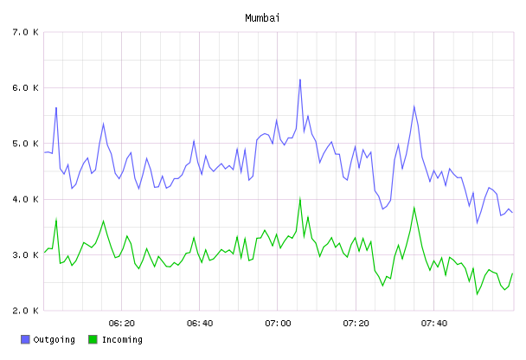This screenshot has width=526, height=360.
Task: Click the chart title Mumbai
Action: point(262,18)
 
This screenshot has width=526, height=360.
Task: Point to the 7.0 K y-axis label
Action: point(25,32)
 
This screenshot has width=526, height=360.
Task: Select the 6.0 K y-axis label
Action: point(25,88)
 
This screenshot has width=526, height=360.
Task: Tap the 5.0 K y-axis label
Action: point(25,144)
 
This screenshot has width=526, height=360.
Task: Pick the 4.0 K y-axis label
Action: point(25,199)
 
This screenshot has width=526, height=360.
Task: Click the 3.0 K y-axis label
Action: point(25,255)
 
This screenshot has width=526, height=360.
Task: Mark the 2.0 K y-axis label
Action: point(25,311)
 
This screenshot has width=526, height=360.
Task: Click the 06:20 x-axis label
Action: point(122,324)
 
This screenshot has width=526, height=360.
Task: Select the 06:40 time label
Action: point(200,324)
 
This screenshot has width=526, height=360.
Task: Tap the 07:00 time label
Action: point(278,324)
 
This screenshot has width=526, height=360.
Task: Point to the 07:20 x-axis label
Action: point(356,324)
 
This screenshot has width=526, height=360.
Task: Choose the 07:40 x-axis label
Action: point(434,324)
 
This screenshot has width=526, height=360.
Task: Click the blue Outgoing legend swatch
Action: point(25,339)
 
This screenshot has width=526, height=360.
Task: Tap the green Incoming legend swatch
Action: point(93,339)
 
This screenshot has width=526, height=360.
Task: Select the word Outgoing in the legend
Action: point(55,340)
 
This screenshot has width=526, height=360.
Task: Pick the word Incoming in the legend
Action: point(122,340)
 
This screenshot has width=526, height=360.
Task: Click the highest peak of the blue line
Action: point(300,80)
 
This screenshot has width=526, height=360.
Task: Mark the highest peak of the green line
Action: point(300,199)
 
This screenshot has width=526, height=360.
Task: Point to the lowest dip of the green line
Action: point(477,294)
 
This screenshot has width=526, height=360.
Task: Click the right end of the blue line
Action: point(513,212)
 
